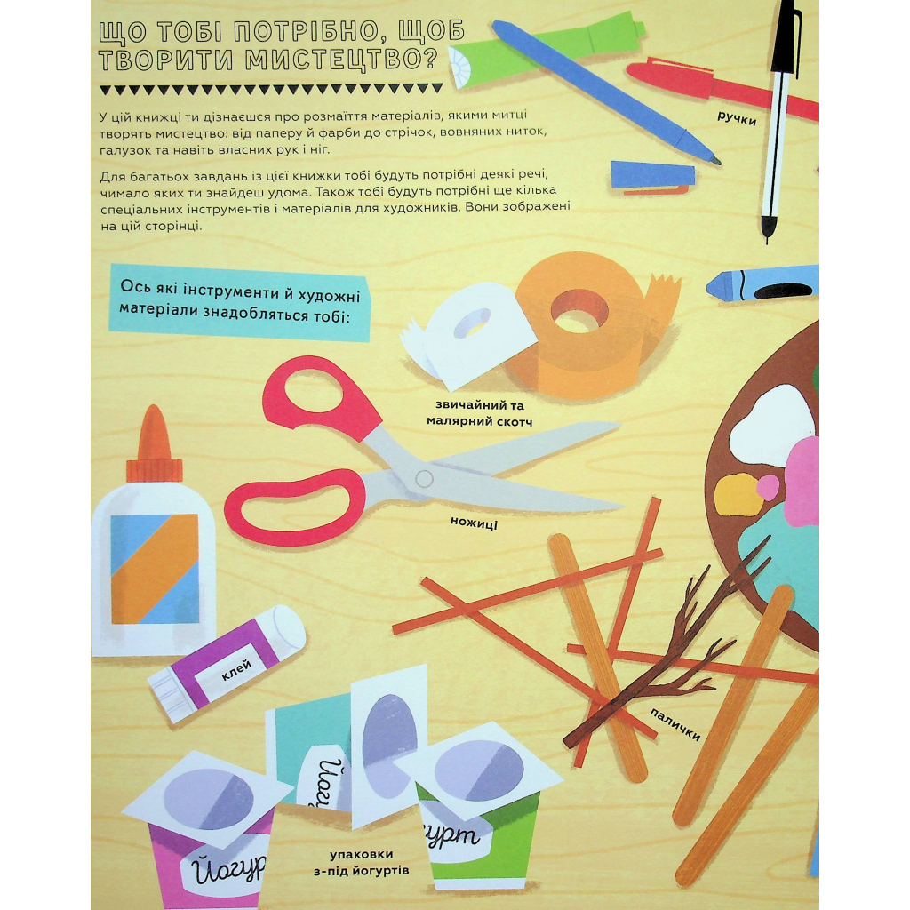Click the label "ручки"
coord(737,119)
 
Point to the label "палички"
coord(675,724)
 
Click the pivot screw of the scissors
coord(424,479)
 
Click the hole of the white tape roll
coord(471,323)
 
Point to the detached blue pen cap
coord(653,177)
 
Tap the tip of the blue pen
coord(717,160)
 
